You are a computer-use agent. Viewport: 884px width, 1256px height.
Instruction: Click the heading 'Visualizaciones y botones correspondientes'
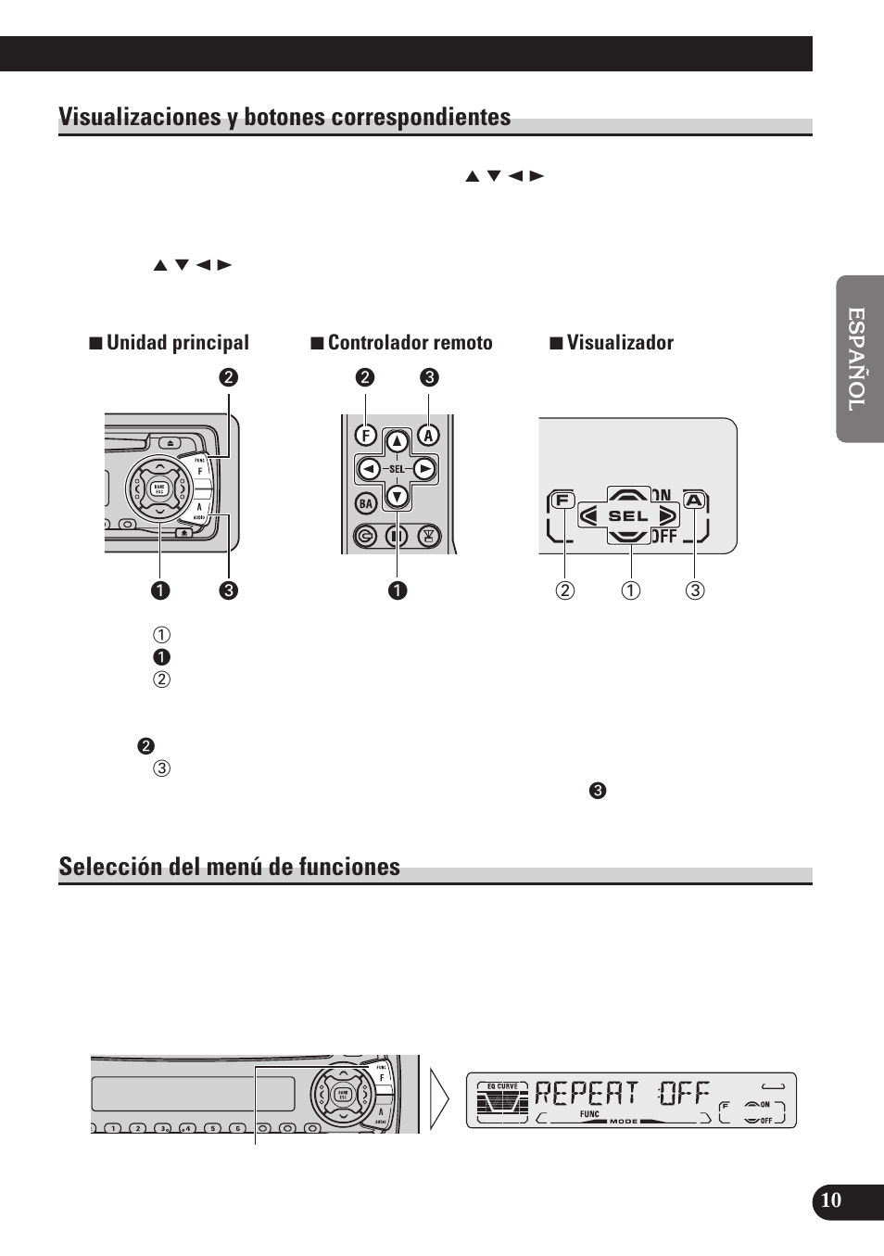[284, 118]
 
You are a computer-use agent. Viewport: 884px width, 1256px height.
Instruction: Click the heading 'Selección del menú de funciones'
[229, 867]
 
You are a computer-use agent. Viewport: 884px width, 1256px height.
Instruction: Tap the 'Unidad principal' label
[177, 343]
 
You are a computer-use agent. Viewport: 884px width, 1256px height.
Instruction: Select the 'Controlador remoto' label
[410, 343]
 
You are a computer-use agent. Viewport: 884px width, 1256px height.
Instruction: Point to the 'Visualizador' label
[620, 343]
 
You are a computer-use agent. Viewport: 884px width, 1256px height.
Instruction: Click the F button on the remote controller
[365, 435]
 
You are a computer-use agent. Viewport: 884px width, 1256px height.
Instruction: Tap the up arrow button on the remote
[397, 442]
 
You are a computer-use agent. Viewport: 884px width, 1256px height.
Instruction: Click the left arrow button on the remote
[369, 469]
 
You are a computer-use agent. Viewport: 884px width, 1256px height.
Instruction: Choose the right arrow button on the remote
[424, 469]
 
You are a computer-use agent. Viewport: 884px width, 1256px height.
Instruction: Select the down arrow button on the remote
[397, 496]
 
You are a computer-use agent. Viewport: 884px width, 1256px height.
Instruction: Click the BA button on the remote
[366, 503]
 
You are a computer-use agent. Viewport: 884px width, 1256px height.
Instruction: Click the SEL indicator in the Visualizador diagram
[628, 515]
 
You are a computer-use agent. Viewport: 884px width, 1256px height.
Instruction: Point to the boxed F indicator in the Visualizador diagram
[562, 501]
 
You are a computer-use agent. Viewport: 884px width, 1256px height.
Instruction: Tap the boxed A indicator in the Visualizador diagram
[694, 501]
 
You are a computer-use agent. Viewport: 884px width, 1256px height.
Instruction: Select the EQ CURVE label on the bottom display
[502, 1085]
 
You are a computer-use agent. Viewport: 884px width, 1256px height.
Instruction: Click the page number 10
[831, 1200]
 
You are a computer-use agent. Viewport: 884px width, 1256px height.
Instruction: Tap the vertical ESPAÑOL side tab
[858, 359]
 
